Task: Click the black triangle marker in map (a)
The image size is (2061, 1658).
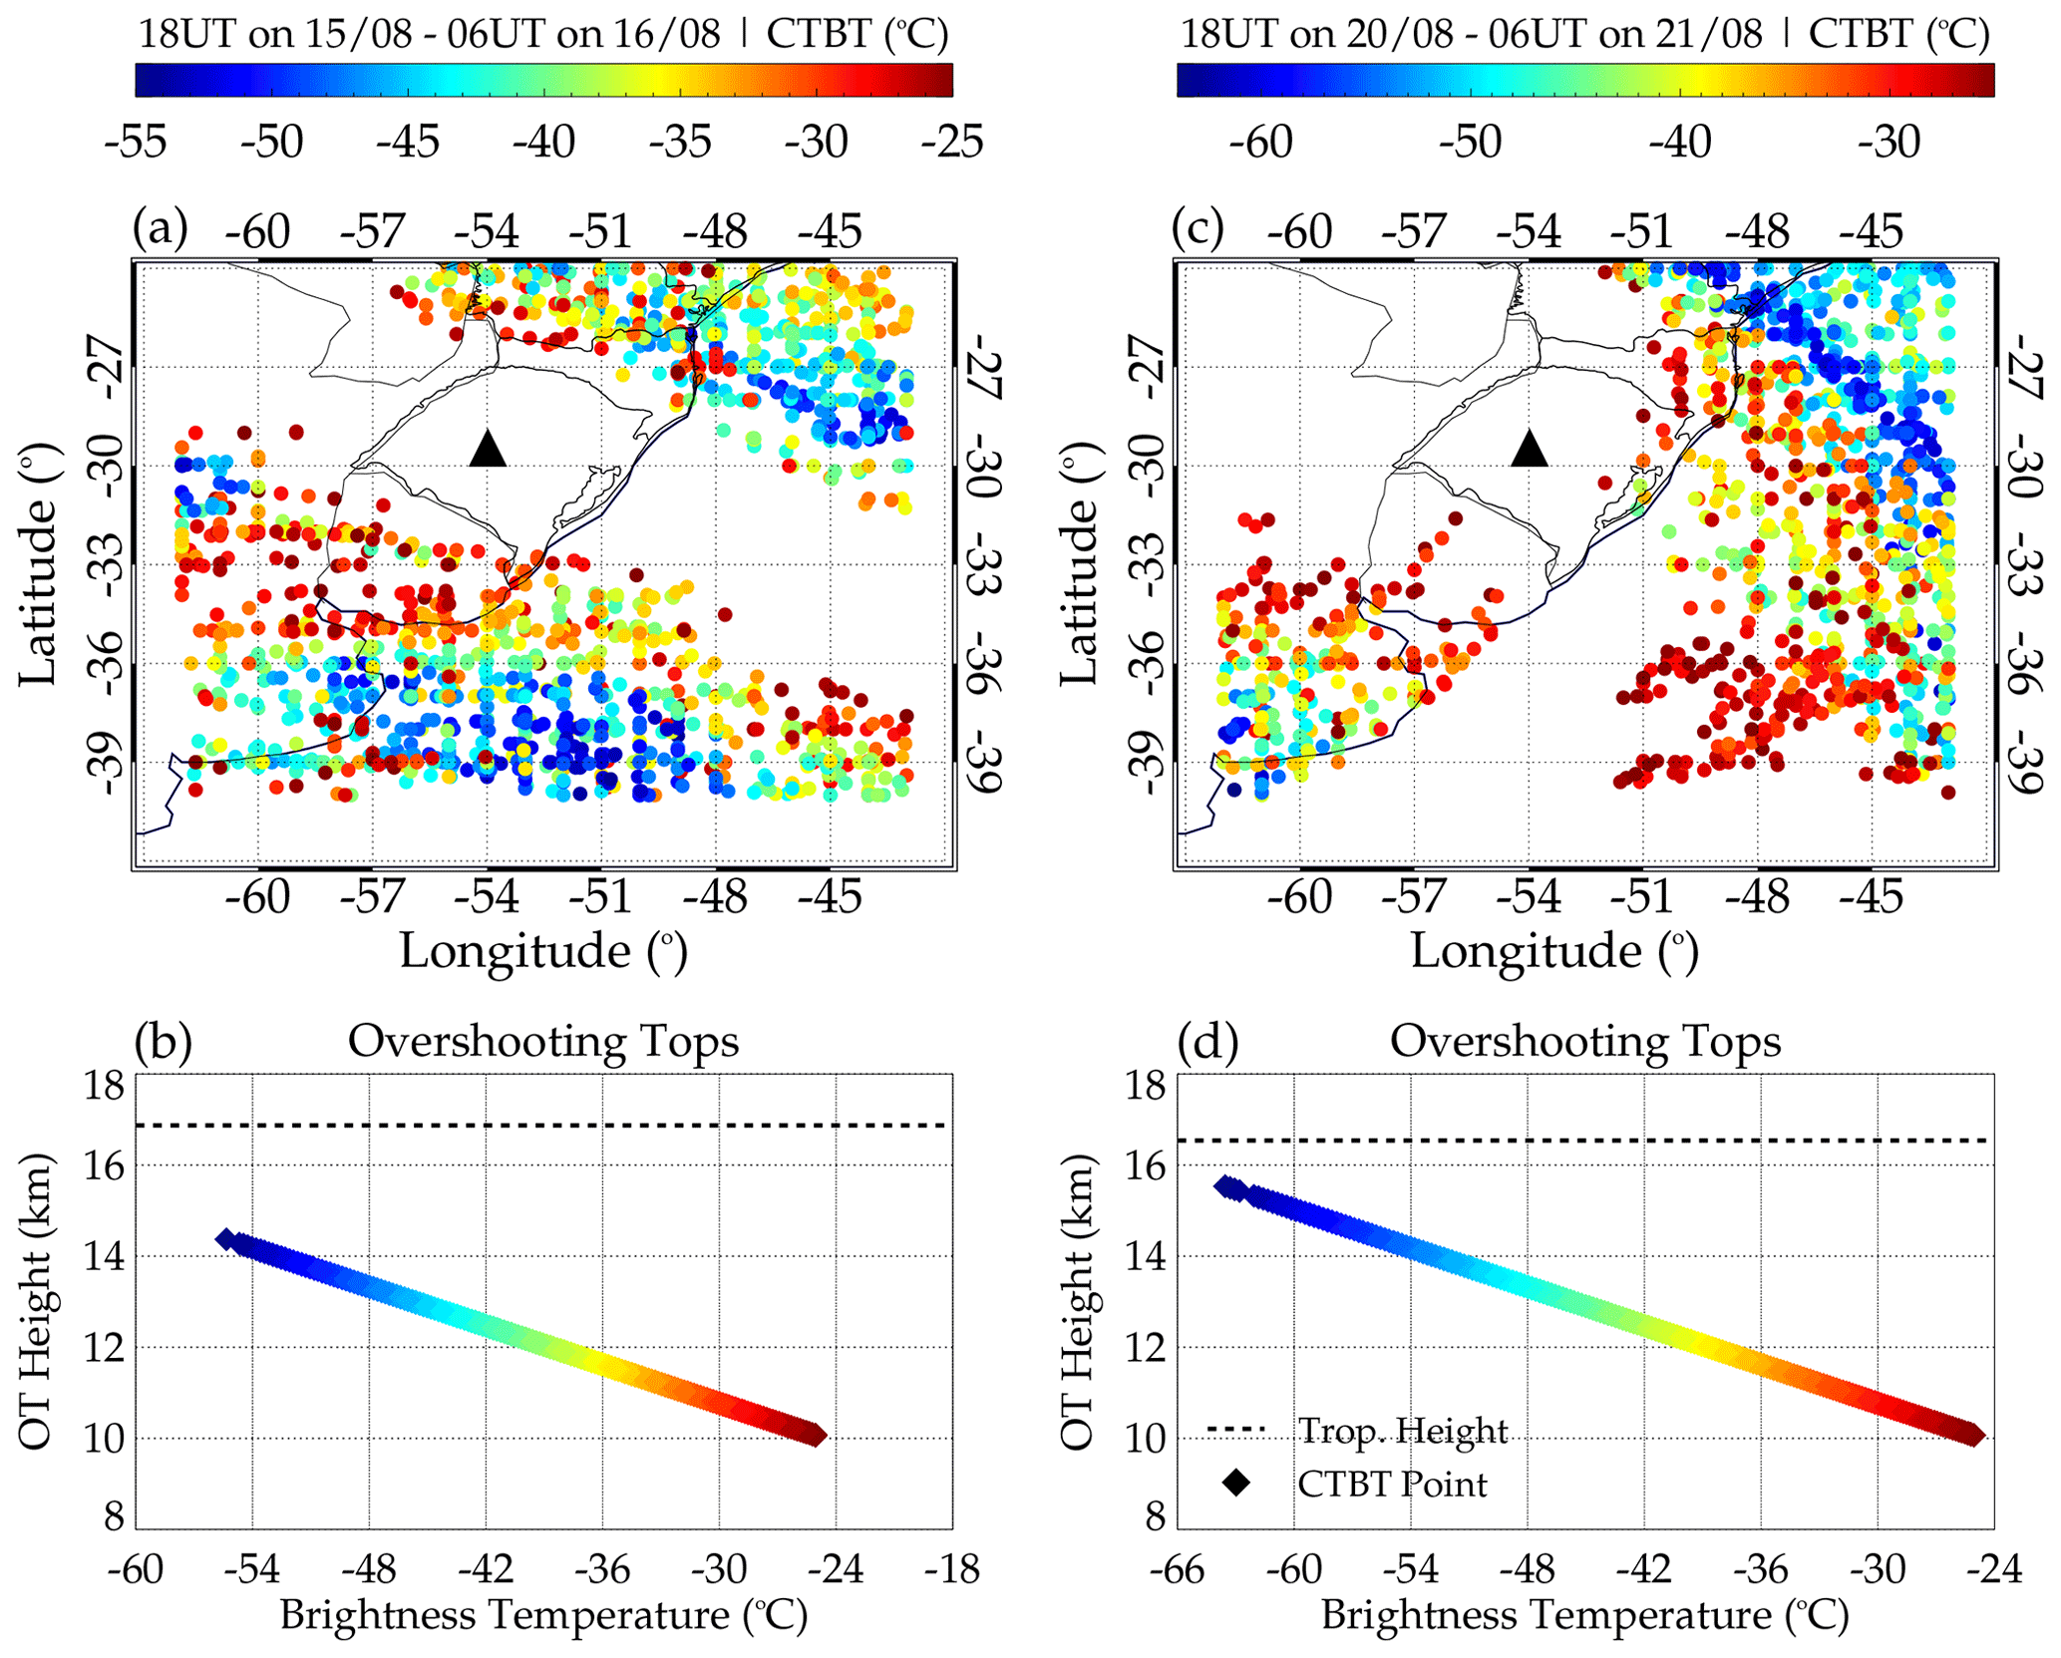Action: coord(488,449)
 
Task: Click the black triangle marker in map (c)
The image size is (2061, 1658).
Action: coord(1530,449)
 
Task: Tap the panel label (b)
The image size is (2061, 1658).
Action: coord(163,1042)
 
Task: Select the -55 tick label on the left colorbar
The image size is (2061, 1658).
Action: coord(135,143)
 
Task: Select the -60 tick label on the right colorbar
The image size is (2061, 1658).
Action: coord(1261,143)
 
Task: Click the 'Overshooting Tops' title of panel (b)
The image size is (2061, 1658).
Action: coord(543,1042)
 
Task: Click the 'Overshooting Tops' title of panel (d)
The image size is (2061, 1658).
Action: coord(1585,1042)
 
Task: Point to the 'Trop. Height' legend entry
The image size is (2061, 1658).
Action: coord(1402,1431)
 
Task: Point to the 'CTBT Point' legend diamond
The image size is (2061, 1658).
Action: coord(1236,1483)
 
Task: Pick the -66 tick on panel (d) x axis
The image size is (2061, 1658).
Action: coord(1178,1569)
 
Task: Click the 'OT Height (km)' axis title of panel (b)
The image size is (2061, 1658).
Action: coord(36,1301)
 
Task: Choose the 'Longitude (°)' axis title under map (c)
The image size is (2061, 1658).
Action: coord(1553,950)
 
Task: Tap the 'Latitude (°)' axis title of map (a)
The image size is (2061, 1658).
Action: coord(38,564)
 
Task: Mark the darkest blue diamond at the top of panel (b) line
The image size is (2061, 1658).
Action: coord(226,1239)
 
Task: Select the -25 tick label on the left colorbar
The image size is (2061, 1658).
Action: coord(951,143)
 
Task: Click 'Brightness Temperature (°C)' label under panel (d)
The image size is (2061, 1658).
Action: coord(1585,1614)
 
